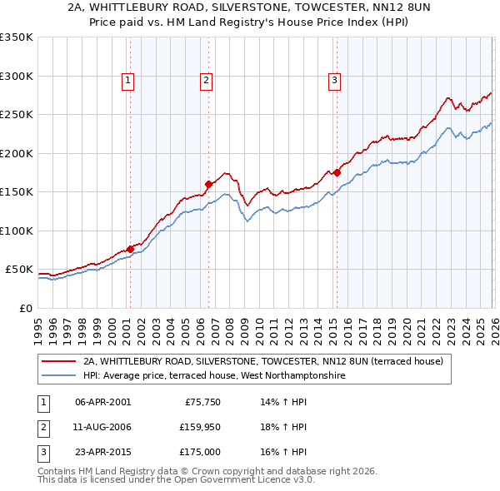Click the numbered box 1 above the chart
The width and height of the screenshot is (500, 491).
pyautogui.click(x=128, y=81)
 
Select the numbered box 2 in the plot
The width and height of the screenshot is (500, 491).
pyautogui.click(x=206, y=81)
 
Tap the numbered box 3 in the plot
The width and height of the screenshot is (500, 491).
pyautogui.click(x=334, y=81)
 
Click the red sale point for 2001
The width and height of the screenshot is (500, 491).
pyautogui.click(x=130, y=249)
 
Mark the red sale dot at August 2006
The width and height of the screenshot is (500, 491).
pyautogui.click(x=208, y=184)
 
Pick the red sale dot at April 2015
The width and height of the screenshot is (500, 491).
pyautogui.click(x=337, y=172)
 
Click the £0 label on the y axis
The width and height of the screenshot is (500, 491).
pyautogui.click(x=25, y=308)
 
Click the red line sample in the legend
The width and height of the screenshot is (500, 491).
pyautogui.click(x=60, y=361)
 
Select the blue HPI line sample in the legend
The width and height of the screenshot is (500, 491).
pyautogui.click(x=60, y=375)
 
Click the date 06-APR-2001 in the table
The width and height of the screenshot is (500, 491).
pyautogui.click(x=102, y=402)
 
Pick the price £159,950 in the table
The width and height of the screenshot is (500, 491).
pyautogui.click(x=200, y=427)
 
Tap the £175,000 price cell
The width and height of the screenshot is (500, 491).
pyautogui.click(x=200, y=452)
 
